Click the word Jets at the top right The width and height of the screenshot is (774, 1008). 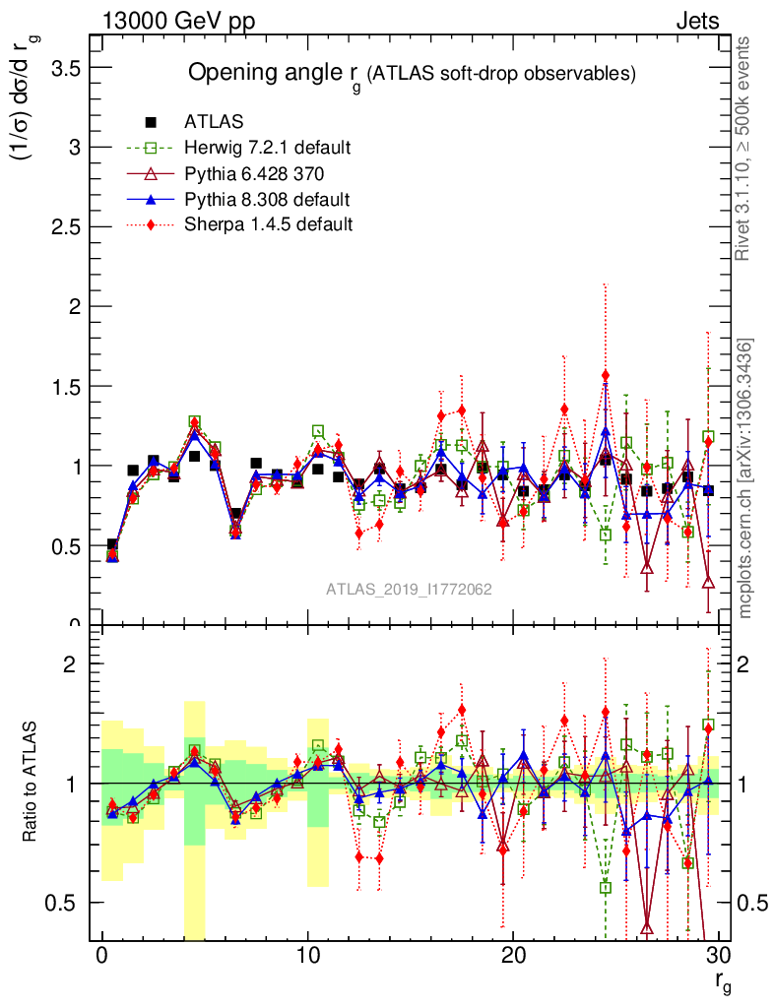point(696,21)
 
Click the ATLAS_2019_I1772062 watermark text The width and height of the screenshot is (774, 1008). point(409,589)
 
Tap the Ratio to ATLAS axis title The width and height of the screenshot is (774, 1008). point(31,783)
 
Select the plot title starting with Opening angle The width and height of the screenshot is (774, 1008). point(413,74)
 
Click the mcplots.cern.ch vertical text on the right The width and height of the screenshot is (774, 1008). point(746,479)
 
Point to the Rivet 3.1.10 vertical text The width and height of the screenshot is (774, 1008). point(746,148)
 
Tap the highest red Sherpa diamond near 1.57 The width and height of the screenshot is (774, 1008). point(606,375)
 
